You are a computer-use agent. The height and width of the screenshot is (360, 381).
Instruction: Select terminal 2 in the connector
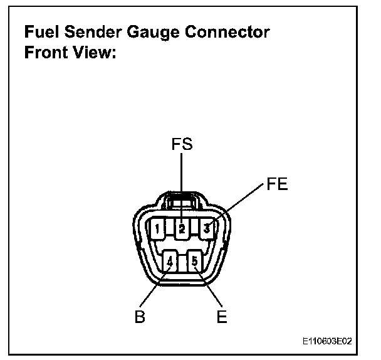coord(182,228)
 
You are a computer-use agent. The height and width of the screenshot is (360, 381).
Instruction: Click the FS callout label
coord(182,146)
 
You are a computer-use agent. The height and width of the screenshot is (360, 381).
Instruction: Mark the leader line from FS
coord(182,182)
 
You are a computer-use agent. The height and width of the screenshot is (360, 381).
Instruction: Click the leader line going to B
coord(154,289)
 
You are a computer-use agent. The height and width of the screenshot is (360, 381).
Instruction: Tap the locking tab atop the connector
coord(182,200)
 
